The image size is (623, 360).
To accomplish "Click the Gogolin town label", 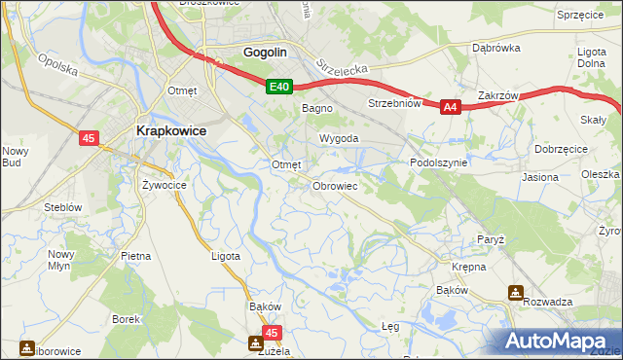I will tap(267, 53).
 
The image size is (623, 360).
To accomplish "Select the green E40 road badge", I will tap(279, 88).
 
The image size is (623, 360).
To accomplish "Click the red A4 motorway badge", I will tap(450, 108).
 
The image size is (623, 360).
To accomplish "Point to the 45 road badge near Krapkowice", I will tap(89, 139).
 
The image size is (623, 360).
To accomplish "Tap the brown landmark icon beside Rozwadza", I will tap(515, 292).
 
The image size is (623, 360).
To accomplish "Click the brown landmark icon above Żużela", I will tap(256, 343).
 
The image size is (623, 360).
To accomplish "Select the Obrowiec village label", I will tap(336, 185).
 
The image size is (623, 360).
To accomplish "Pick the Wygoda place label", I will tap(333, 139).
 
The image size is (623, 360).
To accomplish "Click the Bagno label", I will tap(317, 109).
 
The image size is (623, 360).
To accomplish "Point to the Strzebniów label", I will tap(393, 102).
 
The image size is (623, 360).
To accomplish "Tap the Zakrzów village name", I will tap(497, 96).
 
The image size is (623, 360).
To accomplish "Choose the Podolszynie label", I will tap(439, 163).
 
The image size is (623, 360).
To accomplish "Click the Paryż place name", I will tap(490, 239).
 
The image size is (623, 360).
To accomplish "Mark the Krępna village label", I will tap(468, 266).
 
